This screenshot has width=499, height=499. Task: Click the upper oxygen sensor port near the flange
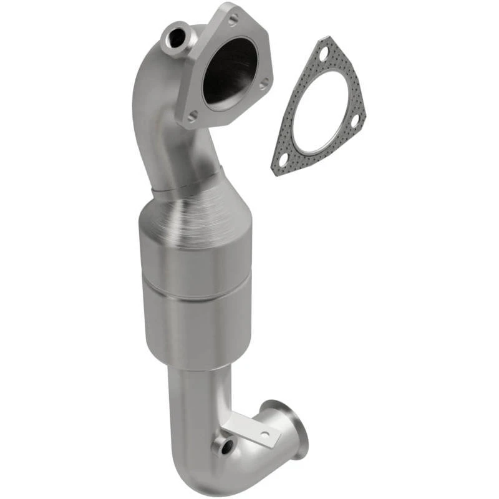point(175,38)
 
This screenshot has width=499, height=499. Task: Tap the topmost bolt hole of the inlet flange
point(233,20)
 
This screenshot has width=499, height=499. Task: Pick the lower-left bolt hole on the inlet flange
point(193,115)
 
